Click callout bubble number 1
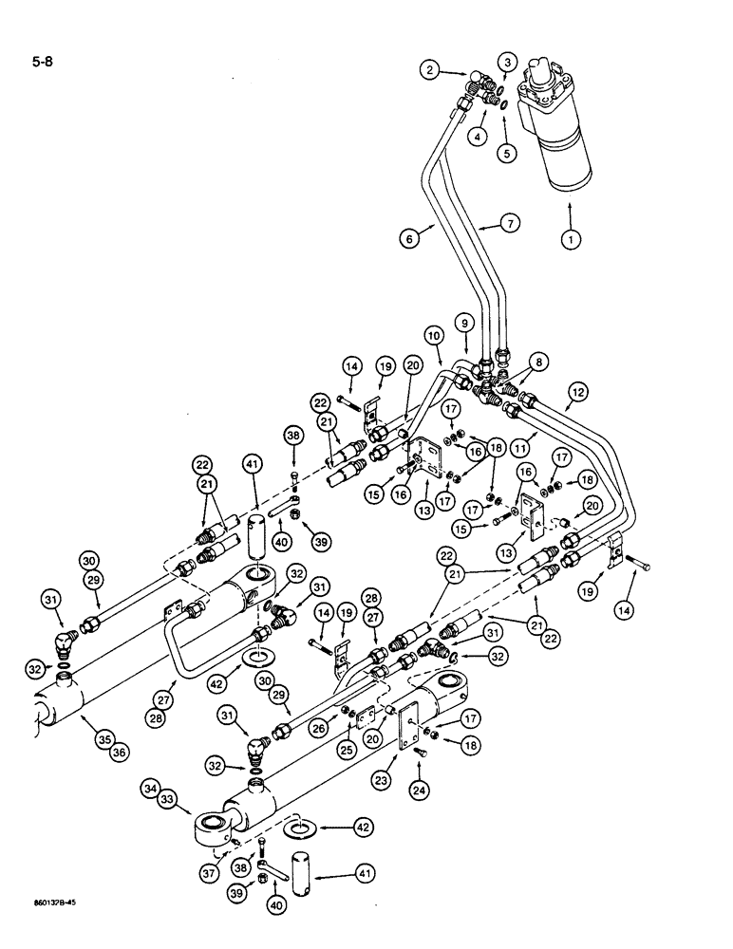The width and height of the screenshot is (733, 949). [x=571, y=241]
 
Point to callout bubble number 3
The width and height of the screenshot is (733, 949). [x=509, y=63]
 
